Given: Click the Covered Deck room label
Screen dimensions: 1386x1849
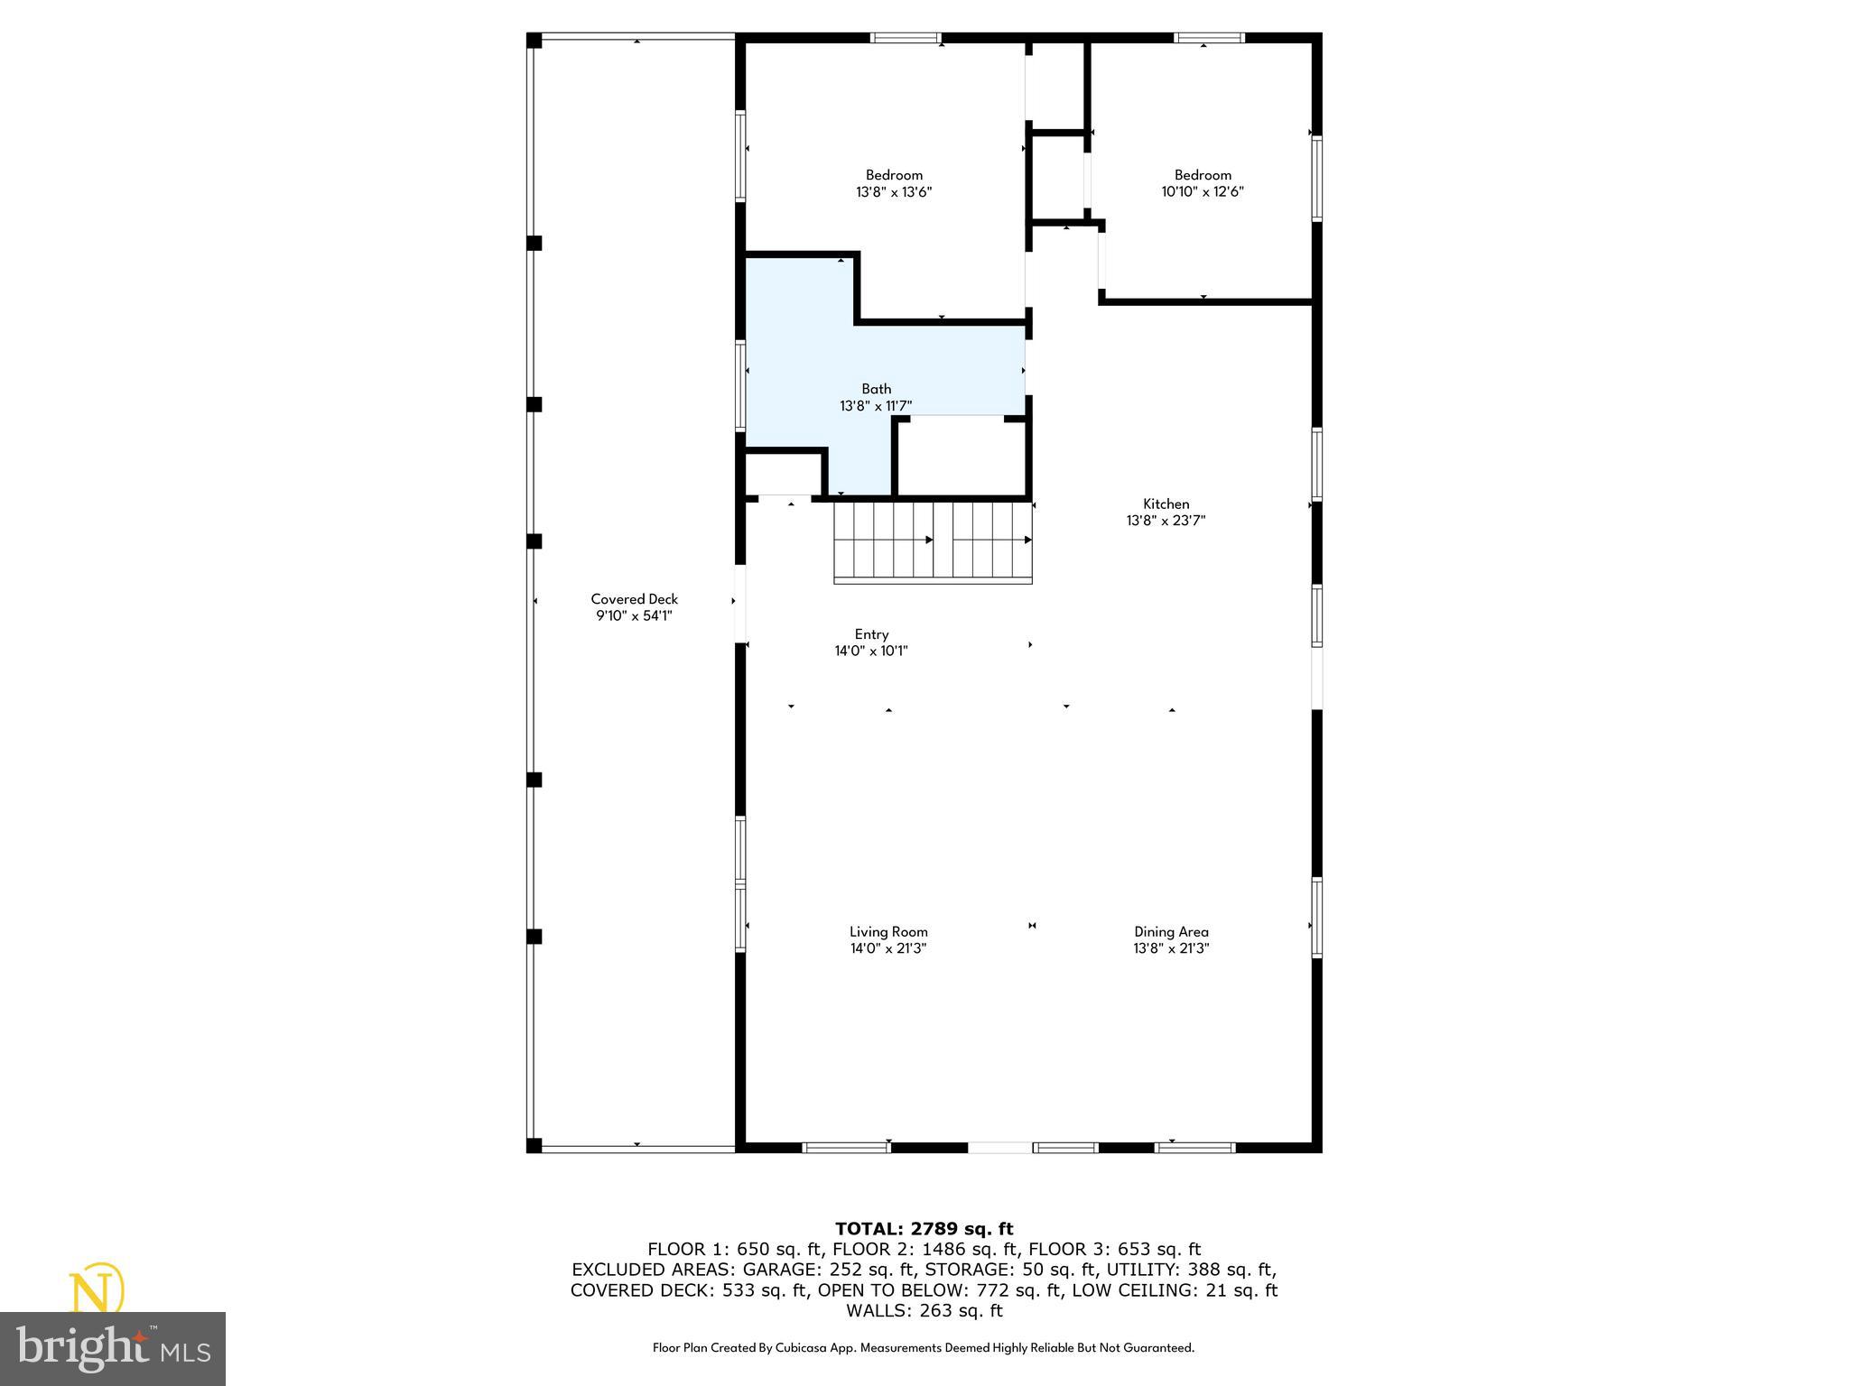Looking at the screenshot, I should coord(634,599).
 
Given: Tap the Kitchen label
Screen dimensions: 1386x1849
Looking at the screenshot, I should coord(1166,504).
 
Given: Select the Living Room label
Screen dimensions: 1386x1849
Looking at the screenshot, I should coord(888,931).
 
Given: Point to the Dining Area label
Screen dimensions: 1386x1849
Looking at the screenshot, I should coord(1171,931).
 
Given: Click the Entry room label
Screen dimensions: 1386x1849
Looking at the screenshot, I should coord(871,634).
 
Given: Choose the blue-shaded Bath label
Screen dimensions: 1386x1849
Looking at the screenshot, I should coord(876,389).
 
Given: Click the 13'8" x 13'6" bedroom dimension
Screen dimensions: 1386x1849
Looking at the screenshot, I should coord(894,192).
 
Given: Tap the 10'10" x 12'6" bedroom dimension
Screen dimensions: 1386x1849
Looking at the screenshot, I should coord(1203,192).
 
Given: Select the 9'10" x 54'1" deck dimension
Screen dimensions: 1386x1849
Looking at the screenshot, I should coord(634,616).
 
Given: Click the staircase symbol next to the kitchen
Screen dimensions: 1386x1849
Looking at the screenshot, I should coord(932,541).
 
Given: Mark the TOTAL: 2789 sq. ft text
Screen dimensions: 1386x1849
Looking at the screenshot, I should coord(924,1228).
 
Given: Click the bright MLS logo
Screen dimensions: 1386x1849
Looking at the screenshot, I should coord(113,1348).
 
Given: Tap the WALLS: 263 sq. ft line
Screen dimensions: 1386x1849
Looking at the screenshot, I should coord(924,1311).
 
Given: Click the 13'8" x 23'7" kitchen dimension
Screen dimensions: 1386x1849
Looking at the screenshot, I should coord(1166,521).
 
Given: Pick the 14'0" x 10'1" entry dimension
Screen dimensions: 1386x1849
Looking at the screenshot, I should coord(871,651).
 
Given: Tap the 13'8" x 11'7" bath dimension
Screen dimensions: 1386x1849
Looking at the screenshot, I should coord(876,406).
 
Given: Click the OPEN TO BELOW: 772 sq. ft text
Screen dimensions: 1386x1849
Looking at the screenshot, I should coord(939,1290).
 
